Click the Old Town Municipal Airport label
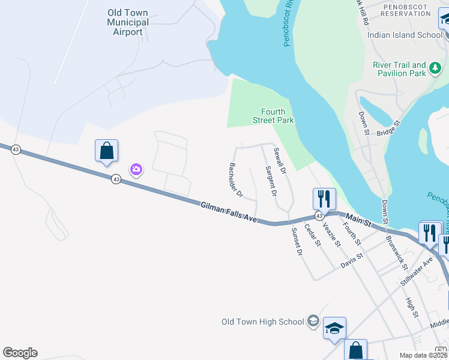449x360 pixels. (x=128, y=22)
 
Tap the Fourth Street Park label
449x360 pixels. (x=277, y=116)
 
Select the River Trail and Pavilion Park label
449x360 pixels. (x=399, y=69)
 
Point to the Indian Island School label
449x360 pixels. (x=405, y=35)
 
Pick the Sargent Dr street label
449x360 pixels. (x=271, y=181)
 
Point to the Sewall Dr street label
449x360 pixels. (x=280, y=161)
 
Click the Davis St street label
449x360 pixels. (x=352, y=260)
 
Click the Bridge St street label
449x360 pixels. (x=388, y=131)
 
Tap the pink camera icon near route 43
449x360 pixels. (x=136, y=170)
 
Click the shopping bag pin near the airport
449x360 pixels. (x=106, y=151)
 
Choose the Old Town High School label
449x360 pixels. (x=262, y=322)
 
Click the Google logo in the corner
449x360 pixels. (x=20, y=353)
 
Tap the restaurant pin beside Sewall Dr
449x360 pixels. (x=324, y=199)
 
